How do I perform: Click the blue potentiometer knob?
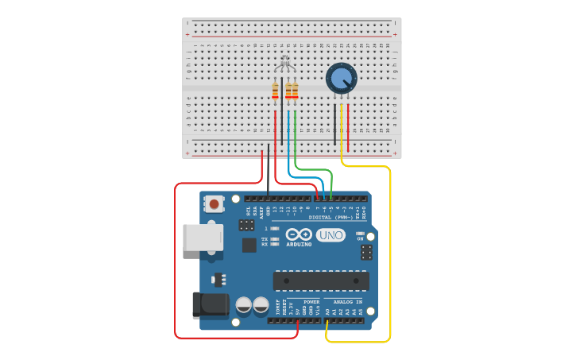click(x=341, y=78)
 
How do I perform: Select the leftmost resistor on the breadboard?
click(x=276, y=91)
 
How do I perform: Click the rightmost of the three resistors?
click(x=296, y=91)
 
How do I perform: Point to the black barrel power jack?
click(x=210, y=306)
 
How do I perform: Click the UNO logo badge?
click(x=331, y=235)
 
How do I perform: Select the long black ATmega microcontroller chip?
click(x=321, y=281)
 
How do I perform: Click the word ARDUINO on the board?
click(x=300, y=245)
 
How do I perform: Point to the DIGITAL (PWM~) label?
click(x=331, y=216)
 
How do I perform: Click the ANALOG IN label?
click(x=347, y=302)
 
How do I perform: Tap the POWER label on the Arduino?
click(x=311, y=302)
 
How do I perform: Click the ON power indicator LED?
click(x=360, y=233)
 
